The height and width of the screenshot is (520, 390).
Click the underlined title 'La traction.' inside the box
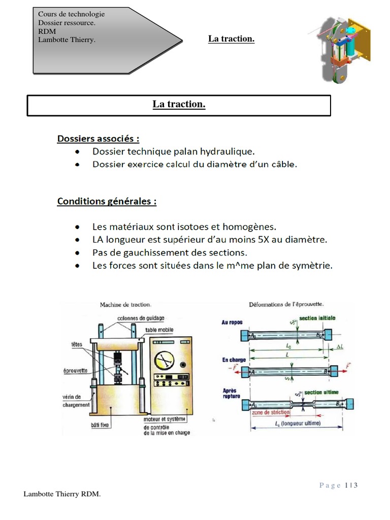pos(179,105)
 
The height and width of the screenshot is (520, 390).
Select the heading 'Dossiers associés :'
pos(98,139)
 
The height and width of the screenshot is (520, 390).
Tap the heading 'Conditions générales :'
pos(107,202)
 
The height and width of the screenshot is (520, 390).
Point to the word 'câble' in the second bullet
pos(283,164)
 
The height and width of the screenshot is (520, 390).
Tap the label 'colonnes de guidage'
pos(141,318)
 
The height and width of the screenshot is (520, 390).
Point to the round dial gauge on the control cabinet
pos(164,361)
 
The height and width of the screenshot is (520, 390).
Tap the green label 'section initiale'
pos(317,318)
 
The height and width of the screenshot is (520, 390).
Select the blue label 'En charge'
pos(234,360)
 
